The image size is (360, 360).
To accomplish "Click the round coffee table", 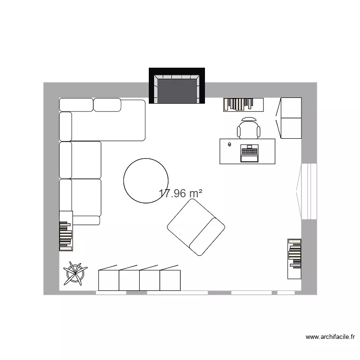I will pyautogui.click(x=146, y=180).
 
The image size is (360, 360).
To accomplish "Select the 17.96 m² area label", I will pyautogui.click(x=180, y=193).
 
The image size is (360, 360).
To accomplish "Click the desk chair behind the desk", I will pyautogui.click(x=249, y=128).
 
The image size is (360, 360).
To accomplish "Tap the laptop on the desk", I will pyautogui.click(x=249, y=153).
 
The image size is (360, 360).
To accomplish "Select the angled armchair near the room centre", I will pyautogui.click(x=196, y=227).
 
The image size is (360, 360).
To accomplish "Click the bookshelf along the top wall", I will pyautogui.click(x=243, y=104).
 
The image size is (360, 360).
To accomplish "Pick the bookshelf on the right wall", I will pyautogui.click(x=294, y=258).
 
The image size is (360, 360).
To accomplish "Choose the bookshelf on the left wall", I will pyautogui.click(x=66, y=230).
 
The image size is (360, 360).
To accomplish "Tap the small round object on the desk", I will pyautogui.click(x=229, y=144).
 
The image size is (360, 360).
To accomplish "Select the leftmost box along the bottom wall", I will pyautogui.click(x=108, y=280).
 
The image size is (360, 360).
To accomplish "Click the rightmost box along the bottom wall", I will pyautogui.click(x=170, y=280).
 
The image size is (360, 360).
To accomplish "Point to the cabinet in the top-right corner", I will pyautogui.click(x=290, y=118).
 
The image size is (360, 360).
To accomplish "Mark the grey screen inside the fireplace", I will pyautogui.click(x=177, y=90).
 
